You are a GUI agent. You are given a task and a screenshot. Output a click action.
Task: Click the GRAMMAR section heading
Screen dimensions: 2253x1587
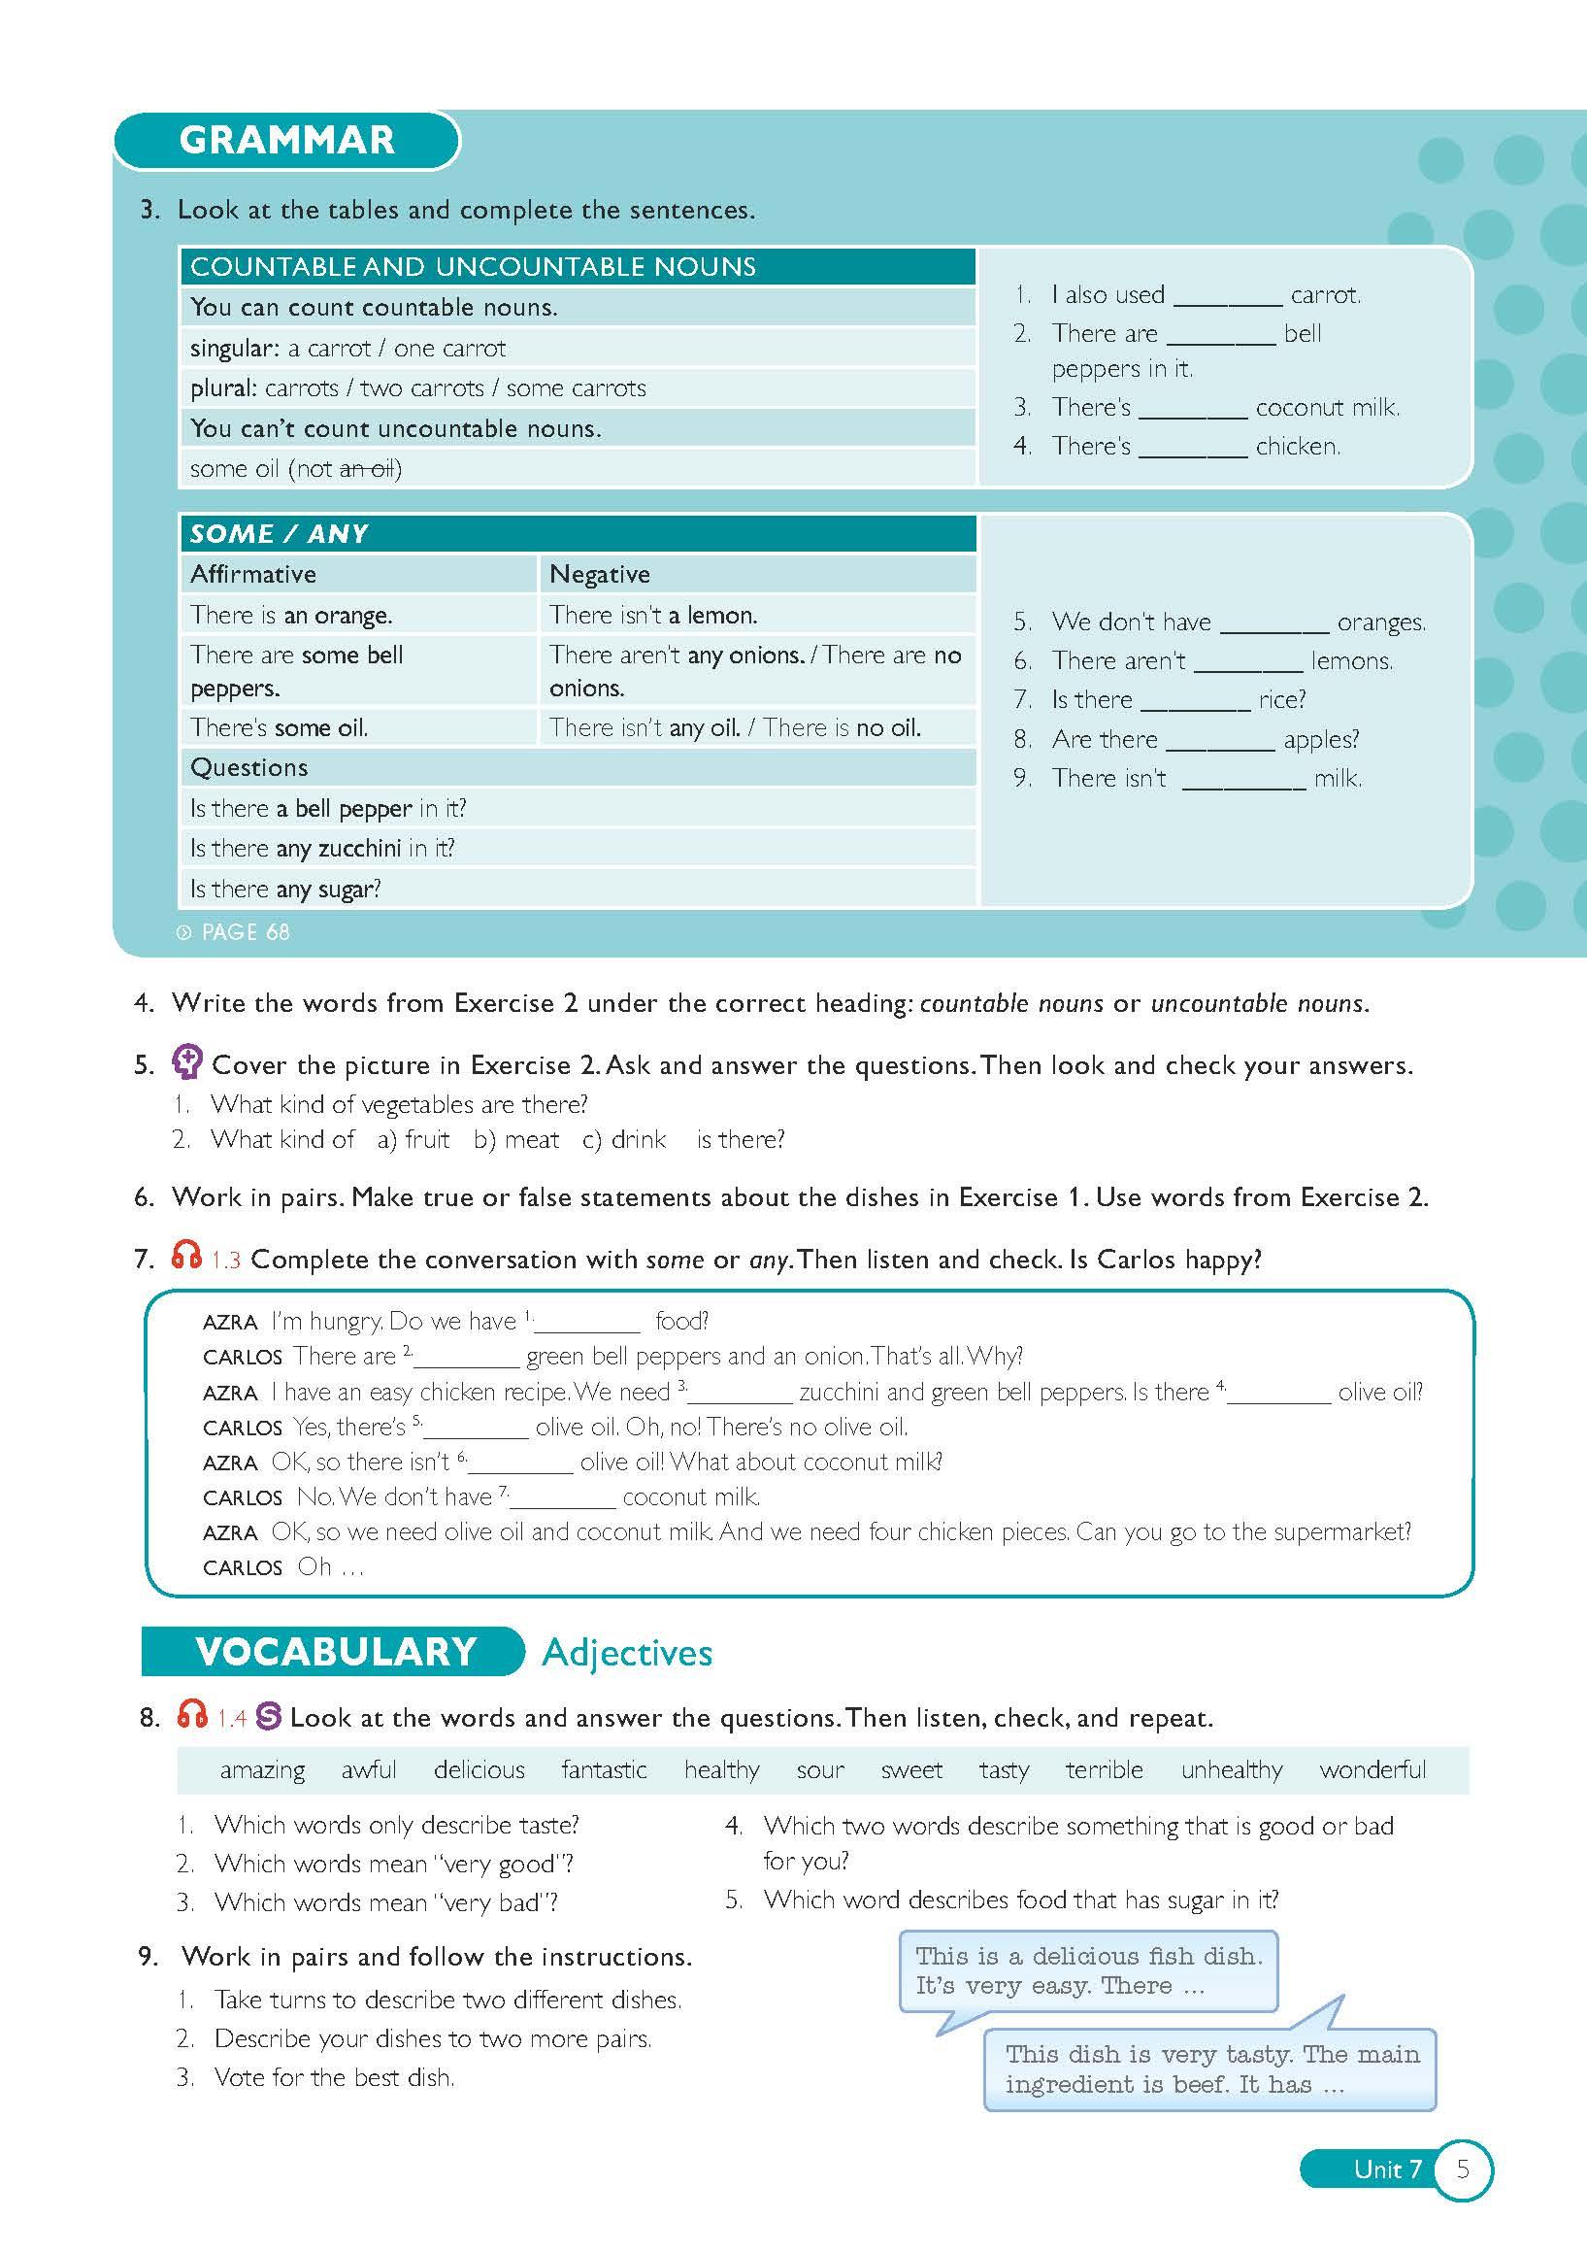point(286,140)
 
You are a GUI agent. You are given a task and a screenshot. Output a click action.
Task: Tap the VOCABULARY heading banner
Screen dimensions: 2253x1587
point(336,1652)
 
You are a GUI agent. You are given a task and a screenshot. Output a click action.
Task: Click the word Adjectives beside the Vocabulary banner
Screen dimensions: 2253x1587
point(627,1653)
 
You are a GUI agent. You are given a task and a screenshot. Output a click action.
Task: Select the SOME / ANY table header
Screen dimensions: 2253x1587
point(280,534)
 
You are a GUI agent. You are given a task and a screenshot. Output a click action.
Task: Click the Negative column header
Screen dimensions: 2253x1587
point(599,574)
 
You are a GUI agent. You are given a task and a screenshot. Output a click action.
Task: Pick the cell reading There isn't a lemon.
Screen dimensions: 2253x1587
point(653,616)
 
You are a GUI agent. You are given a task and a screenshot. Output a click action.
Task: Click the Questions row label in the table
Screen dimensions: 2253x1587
point(249,767)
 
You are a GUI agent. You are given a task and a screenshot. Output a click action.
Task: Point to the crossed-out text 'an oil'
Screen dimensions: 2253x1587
point(367,469)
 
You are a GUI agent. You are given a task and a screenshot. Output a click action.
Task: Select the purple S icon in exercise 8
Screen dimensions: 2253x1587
point(269,1716)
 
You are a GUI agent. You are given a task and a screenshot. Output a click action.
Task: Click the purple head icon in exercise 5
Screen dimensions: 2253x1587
point(186,1061)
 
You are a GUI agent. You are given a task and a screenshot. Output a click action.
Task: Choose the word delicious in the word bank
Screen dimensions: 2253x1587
point(479,1770)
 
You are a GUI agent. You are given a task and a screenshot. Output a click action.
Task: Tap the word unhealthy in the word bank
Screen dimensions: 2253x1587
point(1231,1770)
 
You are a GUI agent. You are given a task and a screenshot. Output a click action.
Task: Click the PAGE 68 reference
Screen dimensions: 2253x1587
point(245,932)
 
